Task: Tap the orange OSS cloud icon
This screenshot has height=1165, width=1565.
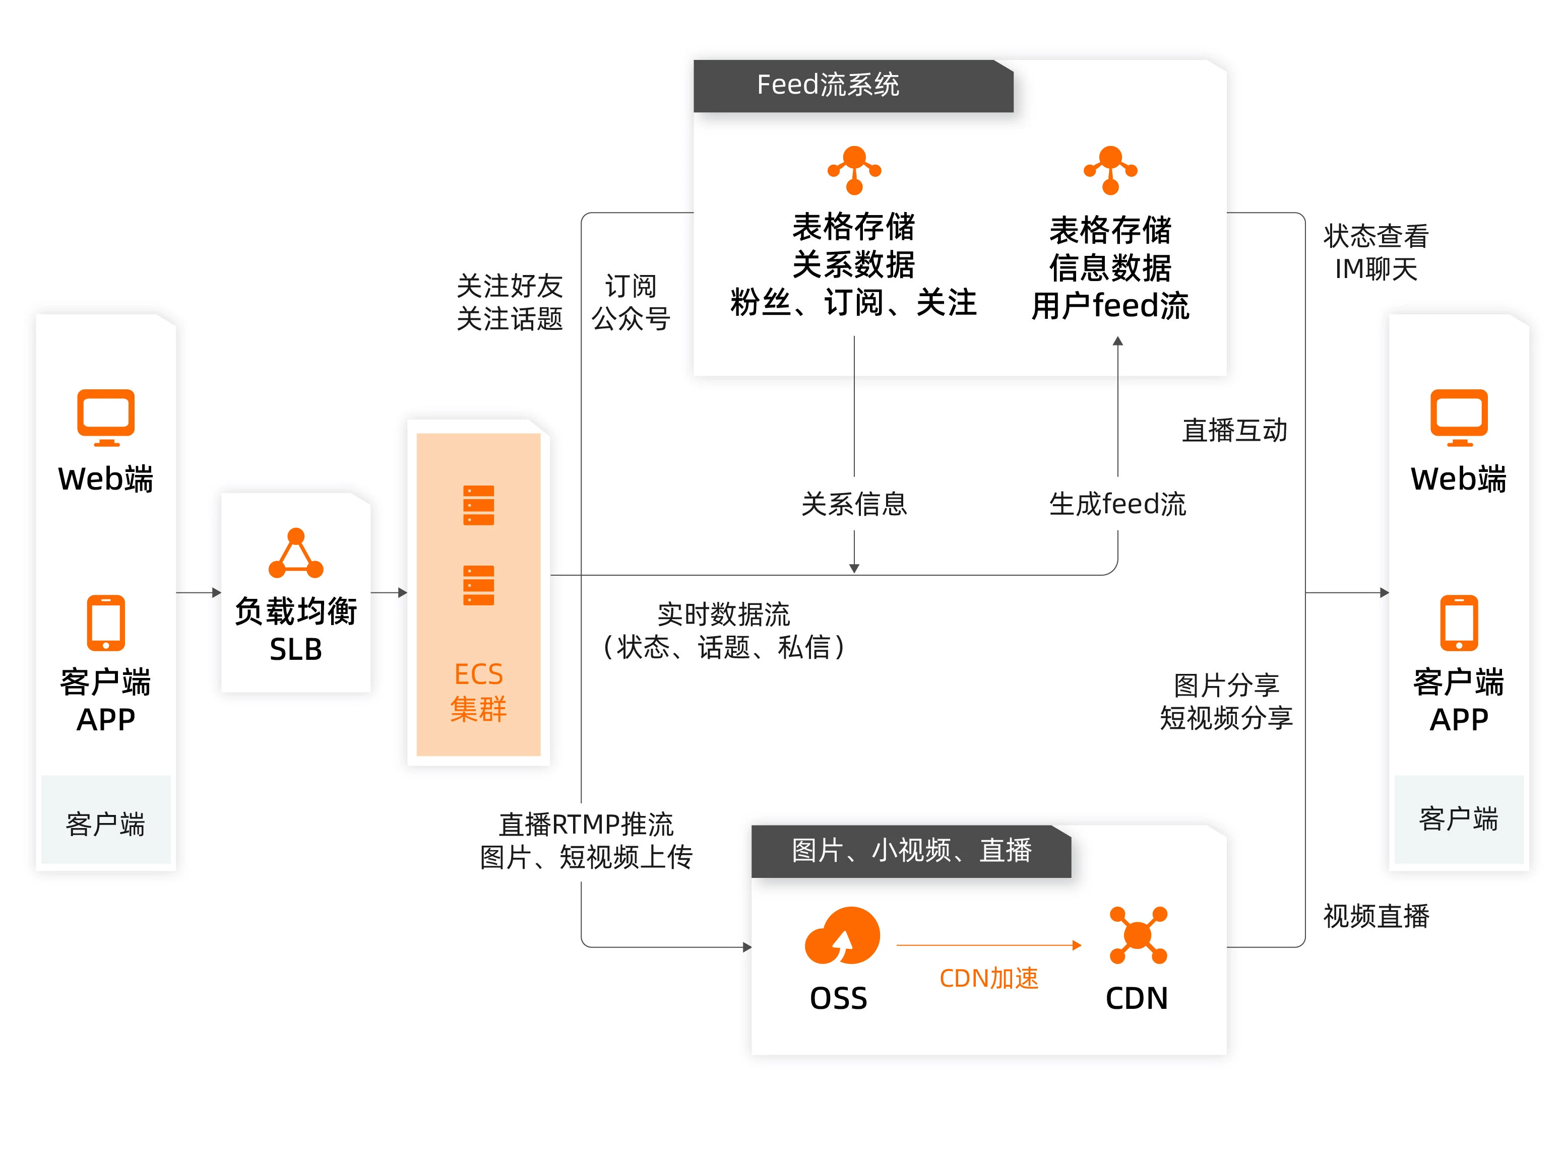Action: click(x=842, y=935)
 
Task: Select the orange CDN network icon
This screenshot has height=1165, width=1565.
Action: click(x=1138, y=935)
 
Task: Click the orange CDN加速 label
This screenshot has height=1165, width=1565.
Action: click(x=988, y=978)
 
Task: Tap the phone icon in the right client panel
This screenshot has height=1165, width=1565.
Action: click(x=1459, y=623)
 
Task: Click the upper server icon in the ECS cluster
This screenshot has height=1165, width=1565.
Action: click(x=478, y=505)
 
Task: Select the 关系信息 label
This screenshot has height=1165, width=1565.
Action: click(x=854, y=504)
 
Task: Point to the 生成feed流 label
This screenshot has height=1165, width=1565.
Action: click(x=1117, y=504)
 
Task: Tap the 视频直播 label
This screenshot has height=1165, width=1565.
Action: click(x=1375, y=916)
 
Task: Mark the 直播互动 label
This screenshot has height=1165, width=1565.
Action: click(x=1234, y=430)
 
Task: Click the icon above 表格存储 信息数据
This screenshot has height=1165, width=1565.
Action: click(x=1110, y=170)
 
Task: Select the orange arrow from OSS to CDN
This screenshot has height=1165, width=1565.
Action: click(x=988, y=945)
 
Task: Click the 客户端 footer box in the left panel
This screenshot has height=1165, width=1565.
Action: click(x=106, y=820)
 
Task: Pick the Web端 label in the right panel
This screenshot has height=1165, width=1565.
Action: click(x=1459, y=479)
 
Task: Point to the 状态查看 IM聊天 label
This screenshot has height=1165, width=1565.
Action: click(x=1375, y=252)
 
